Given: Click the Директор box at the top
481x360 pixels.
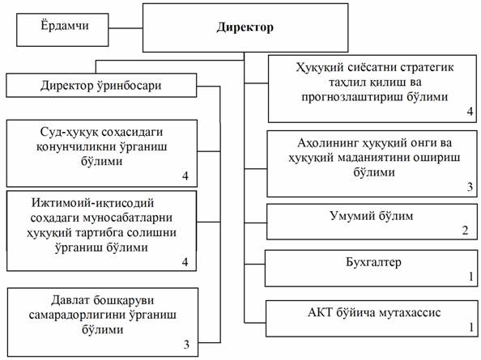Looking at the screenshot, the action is coord(245,28).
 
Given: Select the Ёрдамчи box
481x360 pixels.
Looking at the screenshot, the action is coord(62,30).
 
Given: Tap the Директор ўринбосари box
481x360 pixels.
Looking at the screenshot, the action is coord(101,85).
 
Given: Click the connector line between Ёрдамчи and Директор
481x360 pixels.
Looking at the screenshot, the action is coord(126,28).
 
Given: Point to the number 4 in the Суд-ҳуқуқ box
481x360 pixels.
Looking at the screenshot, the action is coord(185,176).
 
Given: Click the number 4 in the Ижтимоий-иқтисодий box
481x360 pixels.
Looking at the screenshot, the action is coord(185,262).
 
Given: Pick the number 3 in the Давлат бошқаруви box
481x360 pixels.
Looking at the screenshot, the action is coord(186,345).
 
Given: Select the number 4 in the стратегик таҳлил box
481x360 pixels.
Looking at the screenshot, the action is coord(470,112).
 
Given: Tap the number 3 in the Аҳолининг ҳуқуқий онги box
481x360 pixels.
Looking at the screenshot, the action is coord(470,187).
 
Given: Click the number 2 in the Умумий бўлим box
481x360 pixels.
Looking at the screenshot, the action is coord(466,231).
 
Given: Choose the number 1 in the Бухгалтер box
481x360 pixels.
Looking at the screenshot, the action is coord(471,277).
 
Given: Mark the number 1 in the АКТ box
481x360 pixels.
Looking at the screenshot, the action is coord(471,328).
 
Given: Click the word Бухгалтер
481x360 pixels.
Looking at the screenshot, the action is coord(373,262).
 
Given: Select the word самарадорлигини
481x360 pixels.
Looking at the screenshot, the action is coord(77,315).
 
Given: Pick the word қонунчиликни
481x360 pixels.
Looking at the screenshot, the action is coord(76,146).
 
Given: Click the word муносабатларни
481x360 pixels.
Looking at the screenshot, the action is coord(126,218).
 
